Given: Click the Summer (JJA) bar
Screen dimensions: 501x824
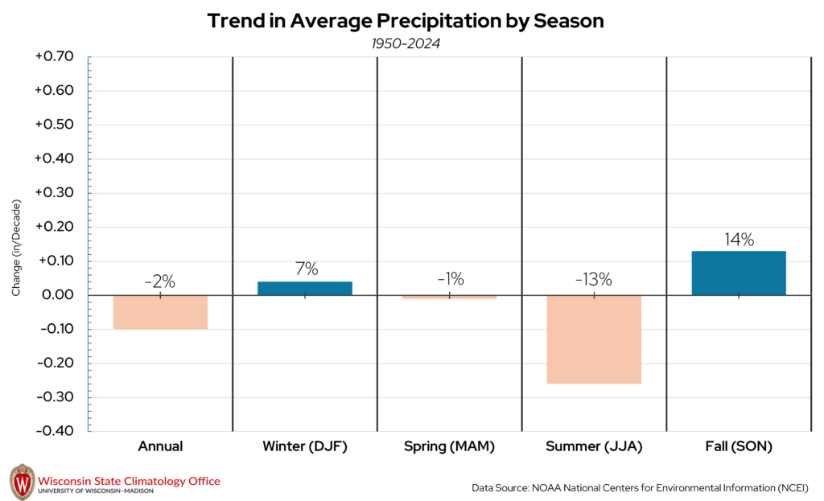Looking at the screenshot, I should pos(594,339).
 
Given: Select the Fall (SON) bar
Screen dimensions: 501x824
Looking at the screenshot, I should pos(738,273).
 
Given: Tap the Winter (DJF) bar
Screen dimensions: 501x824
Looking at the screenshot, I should pos(305,288).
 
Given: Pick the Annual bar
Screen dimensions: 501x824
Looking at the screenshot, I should pos(160,312).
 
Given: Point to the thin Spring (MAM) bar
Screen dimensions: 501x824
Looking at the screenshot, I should pos(449,297).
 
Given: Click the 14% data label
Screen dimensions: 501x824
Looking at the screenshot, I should pos(738,240).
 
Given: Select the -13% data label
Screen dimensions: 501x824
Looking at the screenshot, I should pos(594,280).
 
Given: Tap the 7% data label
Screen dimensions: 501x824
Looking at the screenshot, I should pos(305,269).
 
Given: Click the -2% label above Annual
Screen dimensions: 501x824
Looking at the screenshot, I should pos(160,281).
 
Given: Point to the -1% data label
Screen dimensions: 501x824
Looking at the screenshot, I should pos(449,279).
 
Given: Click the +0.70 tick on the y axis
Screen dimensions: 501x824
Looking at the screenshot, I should pos(54,57).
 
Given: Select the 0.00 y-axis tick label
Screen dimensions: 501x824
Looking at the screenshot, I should pos(56,295).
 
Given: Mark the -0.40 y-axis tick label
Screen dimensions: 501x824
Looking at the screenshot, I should pos(54,431).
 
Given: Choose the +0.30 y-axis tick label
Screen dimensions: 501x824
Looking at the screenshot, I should pos(54,193).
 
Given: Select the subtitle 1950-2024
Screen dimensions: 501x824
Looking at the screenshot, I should pos(406,43).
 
